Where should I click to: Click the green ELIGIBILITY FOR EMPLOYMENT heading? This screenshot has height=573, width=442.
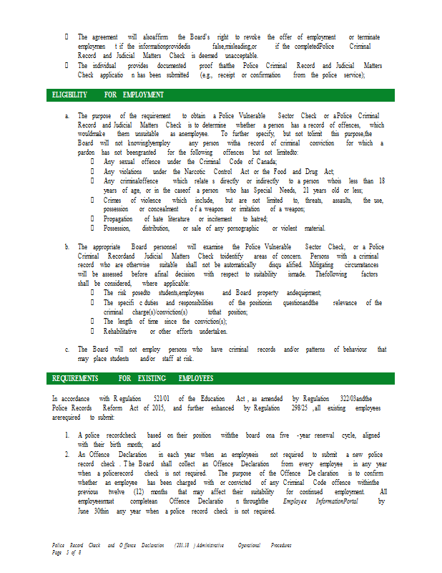pyautogui.click(x=108, y=95)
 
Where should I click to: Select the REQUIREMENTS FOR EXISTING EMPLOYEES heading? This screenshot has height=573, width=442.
pyautogui.click(x=132, y=378)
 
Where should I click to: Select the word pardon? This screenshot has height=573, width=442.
pyautogui.click(x=87, y=153)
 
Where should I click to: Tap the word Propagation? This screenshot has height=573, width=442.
pyautogui.click(x=118, y=219)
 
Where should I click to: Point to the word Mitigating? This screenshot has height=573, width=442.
pyautogui.click(x=310, y=265)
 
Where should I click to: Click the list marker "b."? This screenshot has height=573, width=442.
pyautogui.click(x=67, y=247)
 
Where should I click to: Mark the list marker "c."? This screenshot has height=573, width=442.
pyautogui.click(x=67, y=350)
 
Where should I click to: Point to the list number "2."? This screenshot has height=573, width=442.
pyautogui.click(x=67, y=454)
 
